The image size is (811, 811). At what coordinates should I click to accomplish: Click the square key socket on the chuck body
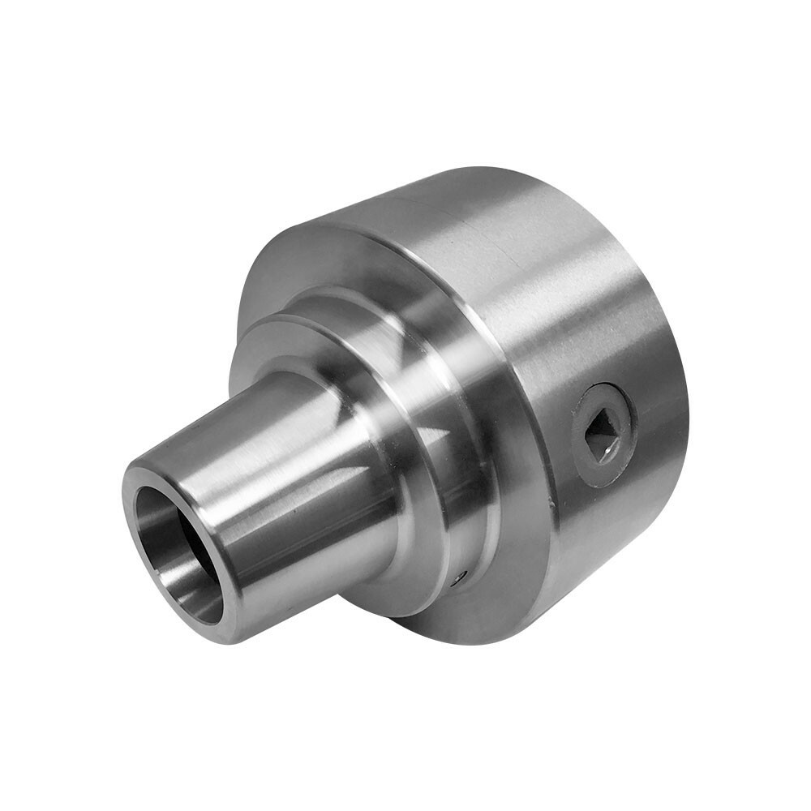tap(603, 434)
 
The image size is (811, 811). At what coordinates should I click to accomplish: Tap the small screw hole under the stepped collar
tap(461, 577)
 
